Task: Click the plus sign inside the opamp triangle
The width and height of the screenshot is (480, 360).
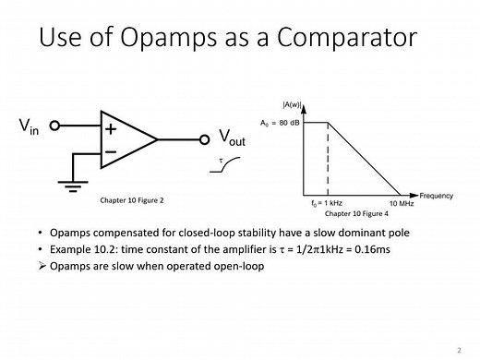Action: pyautogui.click(x=110, y=128)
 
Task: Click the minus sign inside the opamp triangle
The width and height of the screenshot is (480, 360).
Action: pyautogui.click(x=110, y=150)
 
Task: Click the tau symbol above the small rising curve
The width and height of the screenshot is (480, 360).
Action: pyautogui.click(x=219, y=159)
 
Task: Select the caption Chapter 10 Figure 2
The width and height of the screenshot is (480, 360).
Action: pyautogui.click(x=131, y=199)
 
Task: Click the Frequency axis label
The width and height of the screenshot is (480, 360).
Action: pyautogui.click(x=436, y=196)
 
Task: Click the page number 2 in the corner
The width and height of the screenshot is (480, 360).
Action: pyautogui.click(x=459, y=350)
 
